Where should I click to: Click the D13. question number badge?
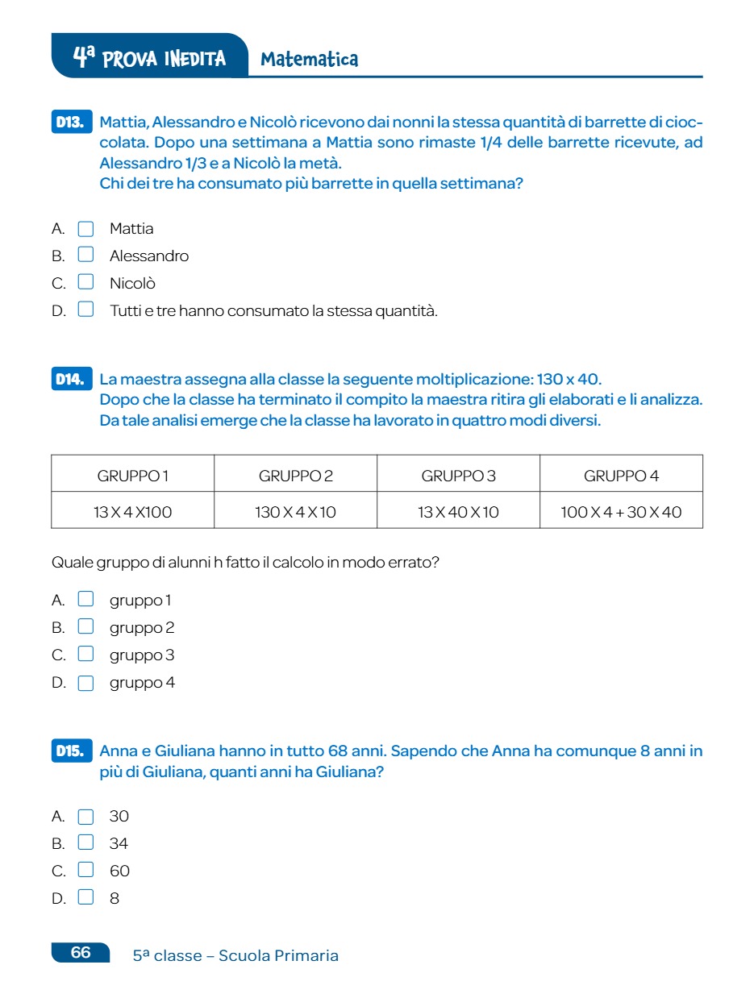click(71, 123)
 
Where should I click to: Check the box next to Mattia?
click(85, 229)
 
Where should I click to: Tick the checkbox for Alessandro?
click(85, 256)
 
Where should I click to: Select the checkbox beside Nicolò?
click(85, 283)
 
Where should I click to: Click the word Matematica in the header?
click(309, 59)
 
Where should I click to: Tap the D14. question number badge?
click(71, 379)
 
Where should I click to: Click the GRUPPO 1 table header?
click(133, 476)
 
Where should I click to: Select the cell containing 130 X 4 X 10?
click(296, 512)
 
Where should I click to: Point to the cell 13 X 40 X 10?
click(458, 512)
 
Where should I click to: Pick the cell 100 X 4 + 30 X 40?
click(621, 512)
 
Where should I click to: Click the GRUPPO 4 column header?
click(621, 476)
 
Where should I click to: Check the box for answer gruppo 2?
click(85, 627)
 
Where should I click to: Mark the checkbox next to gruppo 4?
click(85, 683)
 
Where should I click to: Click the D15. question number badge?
click(71, 751)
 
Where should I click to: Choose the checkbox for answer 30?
click(85, 817)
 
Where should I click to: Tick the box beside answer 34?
click(85, 843)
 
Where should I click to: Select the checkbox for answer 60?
click(85, 871)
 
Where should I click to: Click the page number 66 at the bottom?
click(81, 952)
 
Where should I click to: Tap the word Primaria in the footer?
click(306, 956)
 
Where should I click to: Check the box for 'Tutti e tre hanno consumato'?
click(85, 310)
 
